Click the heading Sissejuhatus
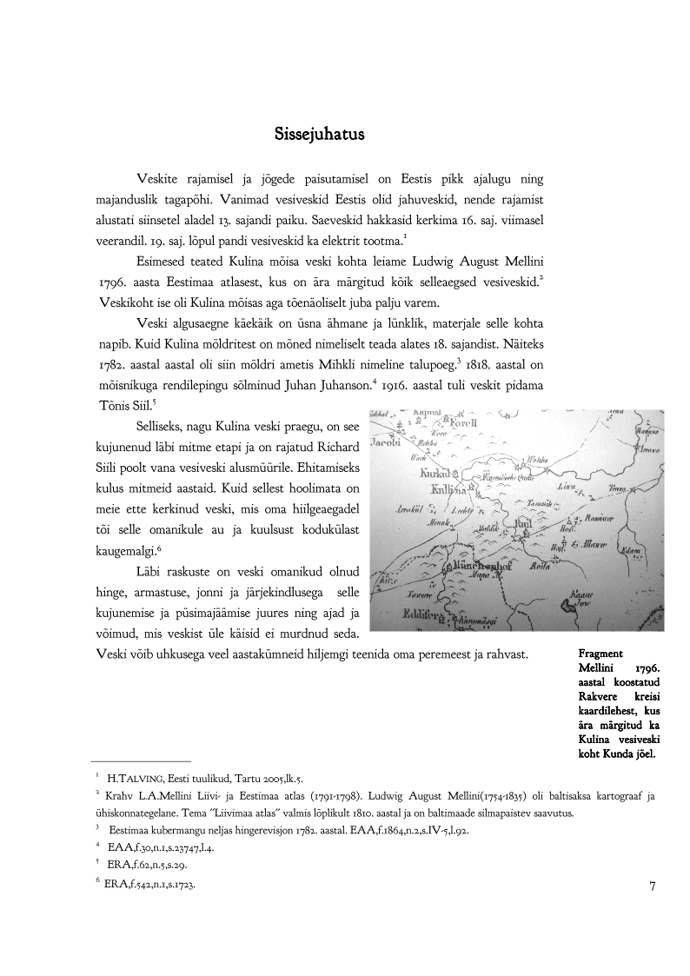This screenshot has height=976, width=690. pyautogui.click(x=319, y=136)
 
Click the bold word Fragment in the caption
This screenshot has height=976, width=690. pyautogui.click(x=604, y=651)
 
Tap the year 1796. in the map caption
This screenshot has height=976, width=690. pyautogui.click(x=647, y=667)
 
